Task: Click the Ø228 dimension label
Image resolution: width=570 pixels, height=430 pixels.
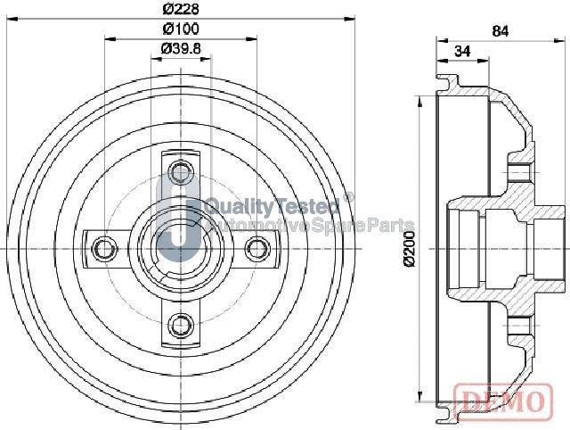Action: (181, 10)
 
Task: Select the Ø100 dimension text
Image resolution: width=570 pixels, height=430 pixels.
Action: (180, 30)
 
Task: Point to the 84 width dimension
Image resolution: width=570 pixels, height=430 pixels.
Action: (500, 32)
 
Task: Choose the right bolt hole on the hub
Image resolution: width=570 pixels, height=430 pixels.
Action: (257, 246)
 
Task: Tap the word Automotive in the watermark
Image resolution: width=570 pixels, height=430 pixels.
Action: (259, 225)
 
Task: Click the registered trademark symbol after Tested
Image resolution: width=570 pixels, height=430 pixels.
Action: (348, 198)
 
